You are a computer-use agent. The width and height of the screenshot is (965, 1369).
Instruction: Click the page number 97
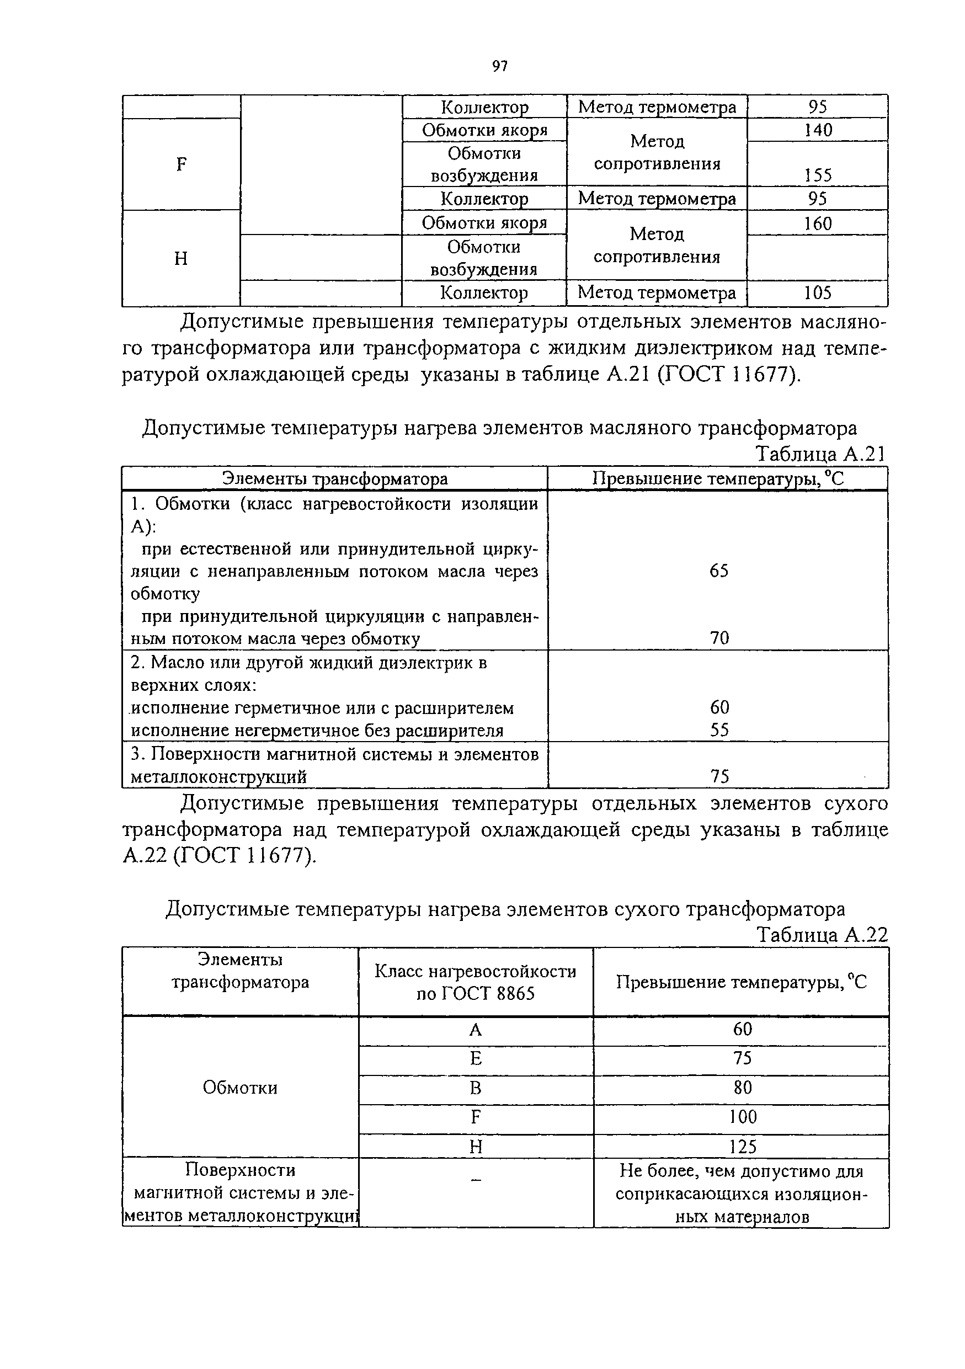coord(499,66)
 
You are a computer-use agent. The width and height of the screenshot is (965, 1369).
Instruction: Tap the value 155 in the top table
coord(818,175)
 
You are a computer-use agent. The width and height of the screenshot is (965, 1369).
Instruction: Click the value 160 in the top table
coord(818,223)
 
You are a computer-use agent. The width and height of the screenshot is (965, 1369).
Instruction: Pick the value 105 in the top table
coord(818,293)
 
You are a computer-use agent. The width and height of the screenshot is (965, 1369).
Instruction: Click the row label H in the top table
coord(181,259)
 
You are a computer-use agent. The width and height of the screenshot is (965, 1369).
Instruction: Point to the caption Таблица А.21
coord(821,454)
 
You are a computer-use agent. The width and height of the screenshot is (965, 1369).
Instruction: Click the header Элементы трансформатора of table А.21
coord(334,479)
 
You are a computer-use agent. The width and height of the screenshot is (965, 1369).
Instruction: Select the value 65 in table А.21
coord(719,571)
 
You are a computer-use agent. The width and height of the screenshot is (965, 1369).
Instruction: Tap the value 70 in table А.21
coord(719,638)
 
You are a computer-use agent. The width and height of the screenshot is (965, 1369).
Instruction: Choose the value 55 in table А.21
coord(719,731)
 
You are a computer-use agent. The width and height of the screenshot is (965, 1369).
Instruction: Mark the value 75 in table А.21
coord(719,776)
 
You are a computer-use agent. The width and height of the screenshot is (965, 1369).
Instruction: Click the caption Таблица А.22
coord(822,935)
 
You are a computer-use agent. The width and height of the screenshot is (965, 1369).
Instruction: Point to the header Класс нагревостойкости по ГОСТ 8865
coord(476,982)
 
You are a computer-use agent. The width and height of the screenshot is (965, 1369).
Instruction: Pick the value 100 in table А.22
coord(743,1117)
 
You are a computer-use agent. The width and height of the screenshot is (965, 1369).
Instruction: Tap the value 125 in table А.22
coord(743,1147)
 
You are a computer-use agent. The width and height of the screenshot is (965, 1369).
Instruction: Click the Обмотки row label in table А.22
coord(240,1088)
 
